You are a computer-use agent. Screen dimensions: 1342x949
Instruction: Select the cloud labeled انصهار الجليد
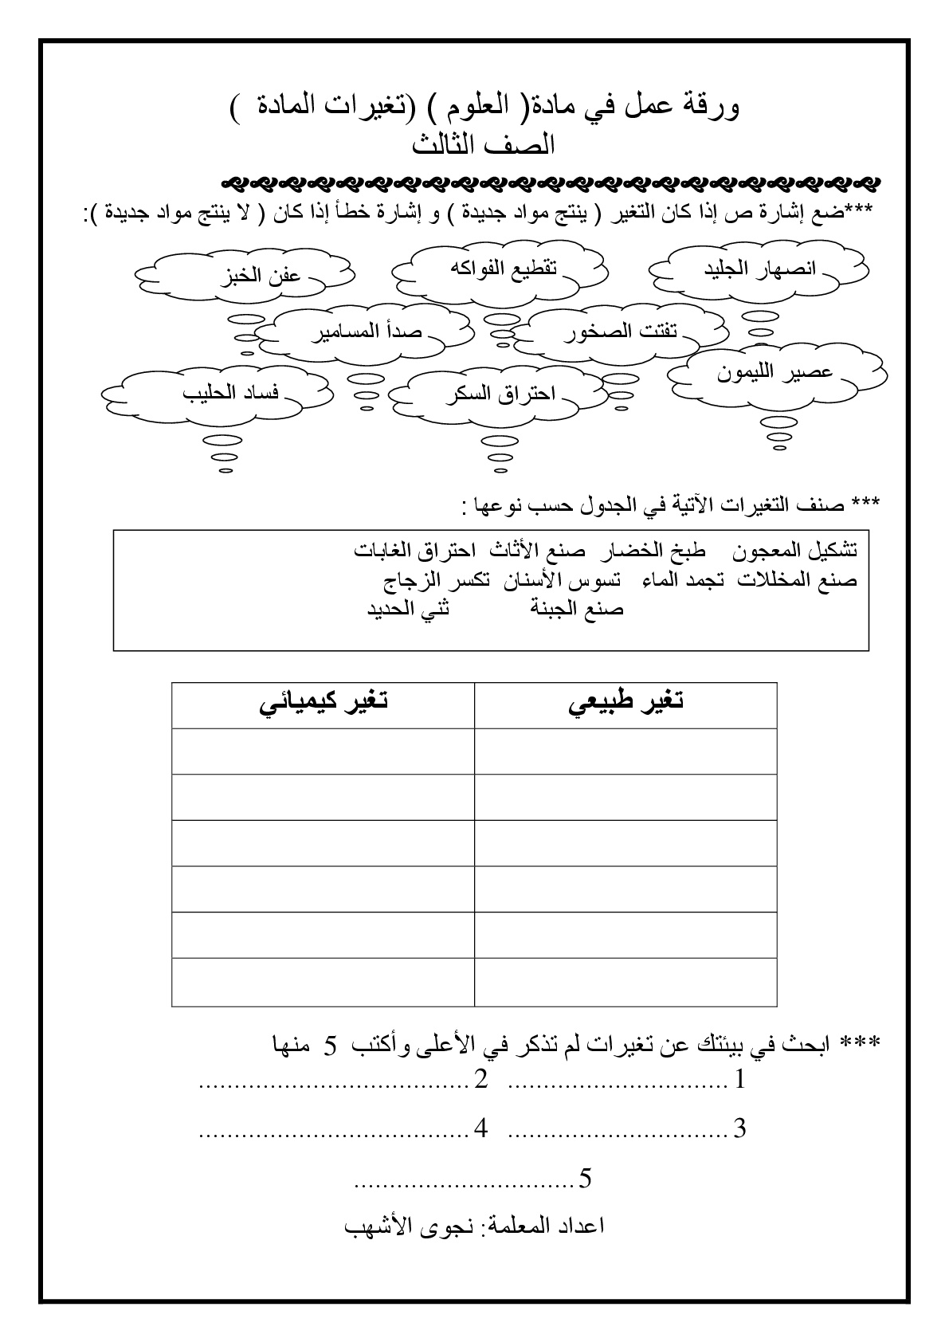(759, 269)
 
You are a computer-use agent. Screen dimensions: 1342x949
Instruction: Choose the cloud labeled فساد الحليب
(230, 393)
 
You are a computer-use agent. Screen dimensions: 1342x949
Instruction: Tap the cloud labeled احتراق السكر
(500, 395)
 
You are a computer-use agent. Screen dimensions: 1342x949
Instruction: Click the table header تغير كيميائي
(323, 704)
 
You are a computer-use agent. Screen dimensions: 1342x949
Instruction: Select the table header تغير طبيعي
(625, 704)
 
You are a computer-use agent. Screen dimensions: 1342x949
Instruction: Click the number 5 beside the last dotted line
(586, 1178)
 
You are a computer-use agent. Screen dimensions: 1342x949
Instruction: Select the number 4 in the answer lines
(480, 1128)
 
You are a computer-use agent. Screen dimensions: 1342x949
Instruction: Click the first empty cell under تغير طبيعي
(625, 751)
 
